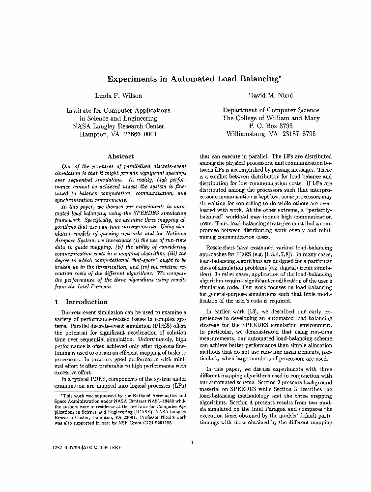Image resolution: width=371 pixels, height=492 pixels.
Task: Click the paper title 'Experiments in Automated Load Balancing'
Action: point(184,78)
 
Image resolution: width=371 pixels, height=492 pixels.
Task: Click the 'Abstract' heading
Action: point(120,156)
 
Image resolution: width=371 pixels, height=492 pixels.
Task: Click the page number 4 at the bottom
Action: point(192,442)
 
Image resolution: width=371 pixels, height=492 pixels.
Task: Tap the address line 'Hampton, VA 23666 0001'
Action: point(118,134)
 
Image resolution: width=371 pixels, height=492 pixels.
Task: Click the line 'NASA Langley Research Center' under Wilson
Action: point(118,126)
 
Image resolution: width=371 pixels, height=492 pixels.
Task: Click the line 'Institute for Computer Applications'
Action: point(118,110)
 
